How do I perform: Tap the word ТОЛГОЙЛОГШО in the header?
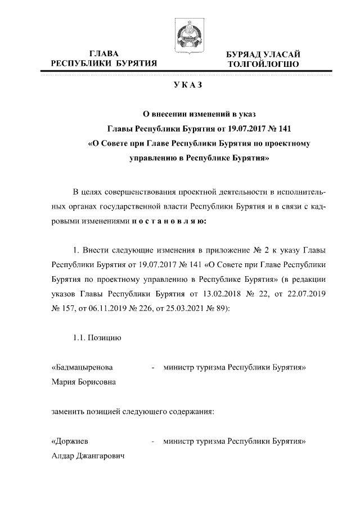(x=263, y=65)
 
